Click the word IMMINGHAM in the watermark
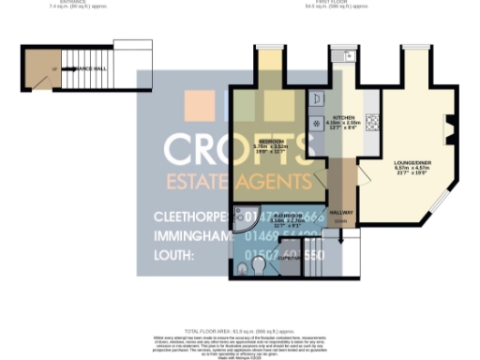193,236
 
